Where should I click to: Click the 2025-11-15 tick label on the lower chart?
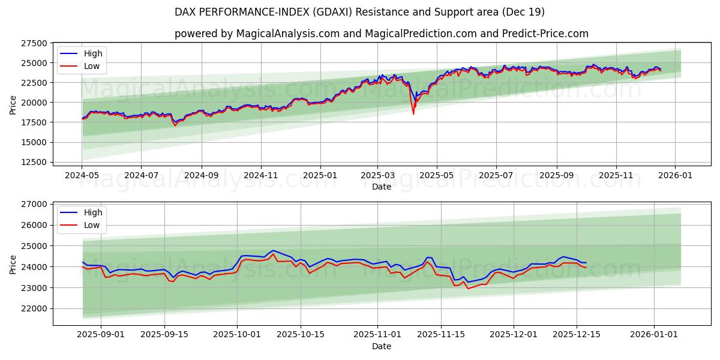442,334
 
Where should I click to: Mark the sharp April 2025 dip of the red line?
413,113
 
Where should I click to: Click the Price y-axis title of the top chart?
13,105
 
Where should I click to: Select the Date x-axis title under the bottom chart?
382,346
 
